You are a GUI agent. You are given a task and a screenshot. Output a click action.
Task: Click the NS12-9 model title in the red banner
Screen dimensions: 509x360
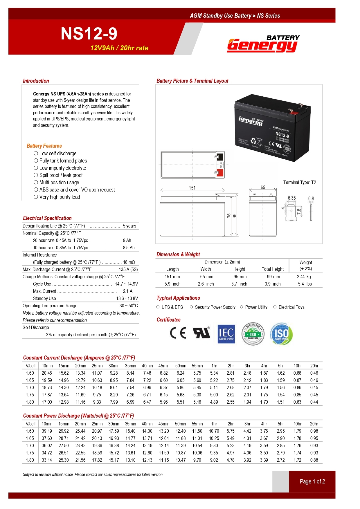point(89,34)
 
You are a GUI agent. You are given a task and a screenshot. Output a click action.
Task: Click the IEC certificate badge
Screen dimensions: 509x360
point(226,334)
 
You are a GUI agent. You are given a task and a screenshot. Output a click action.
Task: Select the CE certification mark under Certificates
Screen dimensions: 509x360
point(178,333)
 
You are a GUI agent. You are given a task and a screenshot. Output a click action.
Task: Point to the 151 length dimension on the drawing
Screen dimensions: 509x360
point(192,188)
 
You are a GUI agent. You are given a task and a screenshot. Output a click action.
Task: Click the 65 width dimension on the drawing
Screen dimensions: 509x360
point(263,187)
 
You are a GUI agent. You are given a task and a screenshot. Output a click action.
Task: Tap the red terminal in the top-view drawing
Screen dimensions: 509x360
point(220,173)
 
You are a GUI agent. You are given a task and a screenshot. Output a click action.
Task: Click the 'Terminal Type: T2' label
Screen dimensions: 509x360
point(299,182)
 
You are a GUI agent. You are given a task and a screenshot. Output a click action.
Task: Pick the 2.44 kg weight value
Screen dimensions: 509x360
point(304,277)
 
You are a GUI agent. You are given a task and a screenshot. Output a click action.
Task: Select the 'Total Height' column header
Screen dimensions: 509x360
point(273,269)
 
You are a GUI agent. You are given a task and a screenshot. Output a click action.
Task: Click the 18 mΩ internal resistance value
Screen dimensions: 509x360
point(129,262)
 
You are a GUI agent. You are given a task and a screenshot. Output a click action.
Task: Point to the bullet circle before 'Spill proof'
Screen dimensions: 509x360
point(36,175)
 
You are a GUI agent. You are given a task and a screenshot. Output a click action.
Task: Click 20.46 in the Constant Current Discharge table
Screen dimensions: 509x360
point(47,373)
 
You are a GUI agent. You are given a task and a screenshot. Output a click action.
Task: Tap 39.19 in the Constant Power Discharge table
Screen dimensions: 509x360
point(47,431)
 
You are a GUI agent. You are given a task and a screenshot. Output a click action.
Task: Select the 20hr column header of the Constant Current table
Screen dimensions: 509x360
point(314,366)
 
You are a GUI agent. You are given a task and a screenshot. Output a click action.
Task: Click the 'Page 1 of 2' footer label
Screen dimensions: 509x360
point(312,481)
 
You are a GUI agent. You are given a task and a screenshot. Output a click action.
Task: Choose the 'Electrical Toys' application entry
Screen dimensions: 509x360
point(291,307)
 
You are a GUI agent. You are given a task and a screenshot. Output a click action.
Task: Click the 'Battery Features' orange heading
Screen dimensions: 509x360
point(44,146)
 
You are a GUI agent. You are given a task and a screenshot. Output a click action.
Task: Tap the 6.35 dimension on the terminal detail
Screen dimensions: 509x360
point(292,198)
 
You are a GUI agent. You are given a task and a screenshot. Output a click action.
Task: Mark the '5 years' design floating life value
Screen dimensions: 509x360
point(129,226)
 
